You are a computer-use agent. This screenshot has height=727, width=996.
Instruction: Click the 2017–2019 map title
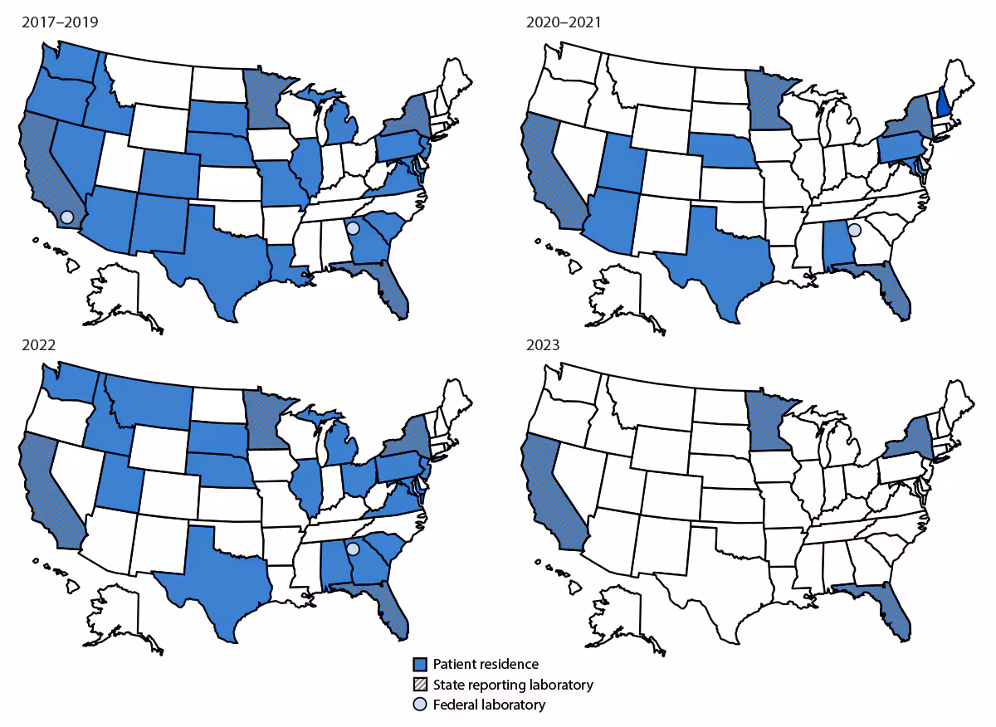59,22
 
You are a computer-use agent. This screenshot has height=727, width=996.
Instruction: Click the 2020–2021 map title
564,22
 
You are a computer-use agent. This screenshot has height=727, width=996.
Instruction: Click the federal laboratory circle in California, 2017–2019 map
67,216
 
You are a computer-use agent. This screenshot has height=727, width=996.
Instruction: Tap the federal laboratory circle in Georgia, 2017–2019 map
353,227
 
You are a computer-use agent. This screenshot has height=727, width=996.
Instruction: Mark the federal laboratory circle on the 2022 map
353,549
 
